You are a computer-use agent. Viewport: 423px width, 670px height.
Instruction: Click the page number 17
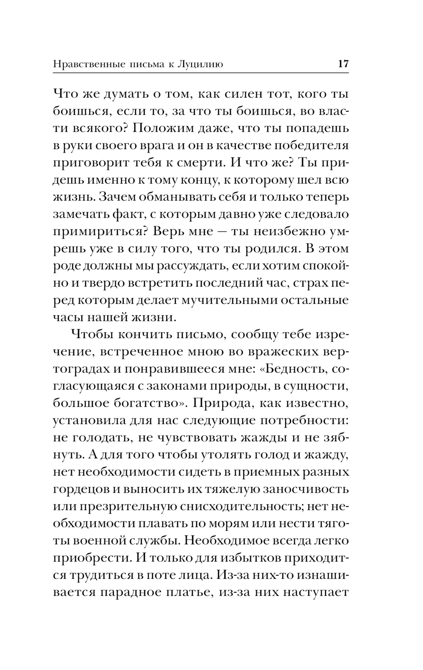pyautogui.click(x=343, y=64)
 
